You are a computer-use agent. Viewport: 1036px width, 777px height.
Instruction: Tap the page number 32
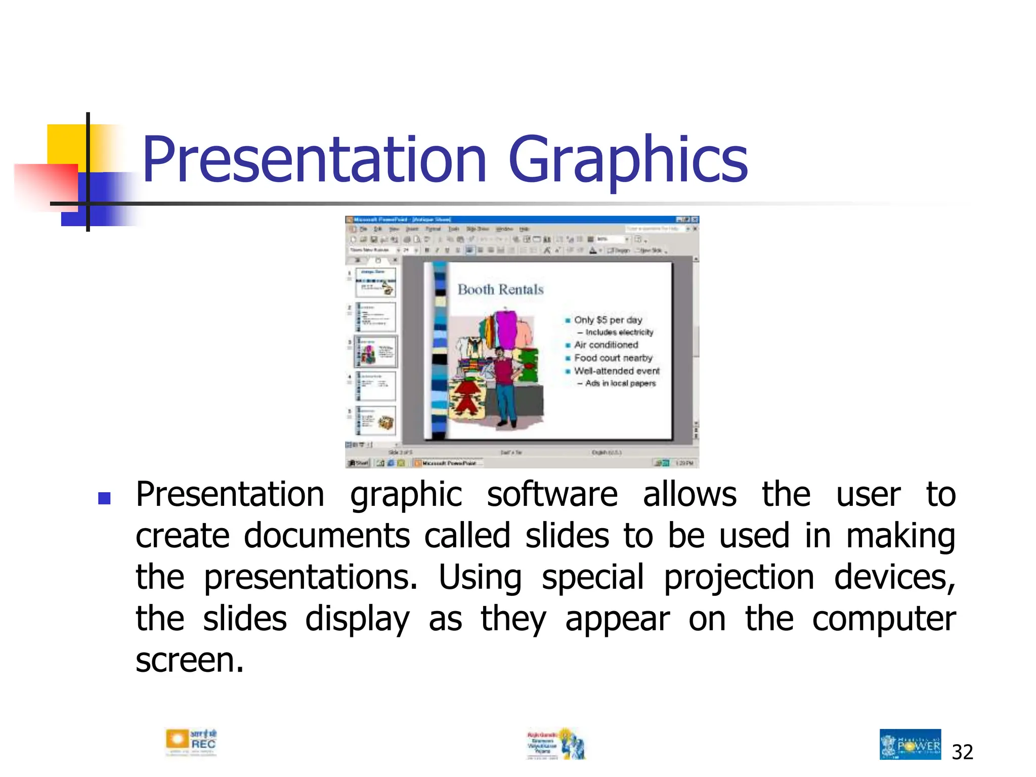[962, 752]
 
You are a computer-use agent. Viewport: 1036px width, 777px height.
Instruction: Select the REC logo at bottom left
[191, 743]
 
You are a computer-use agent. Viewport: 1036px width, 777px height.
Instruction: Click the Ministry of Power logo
[910, 744]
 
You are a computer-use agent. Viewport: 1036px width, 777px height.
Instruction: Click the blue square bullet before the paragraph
[104, 499]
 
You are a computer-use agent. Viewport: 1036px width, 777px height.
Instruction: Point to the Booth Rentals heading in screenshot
[500, 289]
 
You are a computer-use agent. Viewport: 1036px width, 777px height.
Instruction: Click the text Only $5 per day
[608, 320]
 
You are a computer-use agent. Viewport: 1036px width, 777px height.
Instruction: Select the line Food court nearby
[613, 358]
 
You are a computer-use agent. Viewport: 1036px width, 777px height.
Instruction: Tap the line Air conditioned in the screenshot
[606, 344]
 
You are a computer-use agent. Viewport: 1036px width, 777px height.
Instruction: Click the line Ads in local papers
[620, 383]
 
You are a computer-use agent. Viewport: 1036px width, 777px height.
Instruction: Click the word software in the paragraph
[552, 495]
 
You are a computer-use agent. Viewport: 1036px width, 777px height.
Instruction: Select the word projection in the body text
[739, 578]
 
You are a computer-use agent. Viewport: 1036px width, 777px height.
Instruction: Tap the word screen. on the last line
[190, 661]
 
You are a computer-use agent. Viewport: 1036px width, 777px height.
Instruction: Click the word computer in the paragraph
[883, 619]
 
